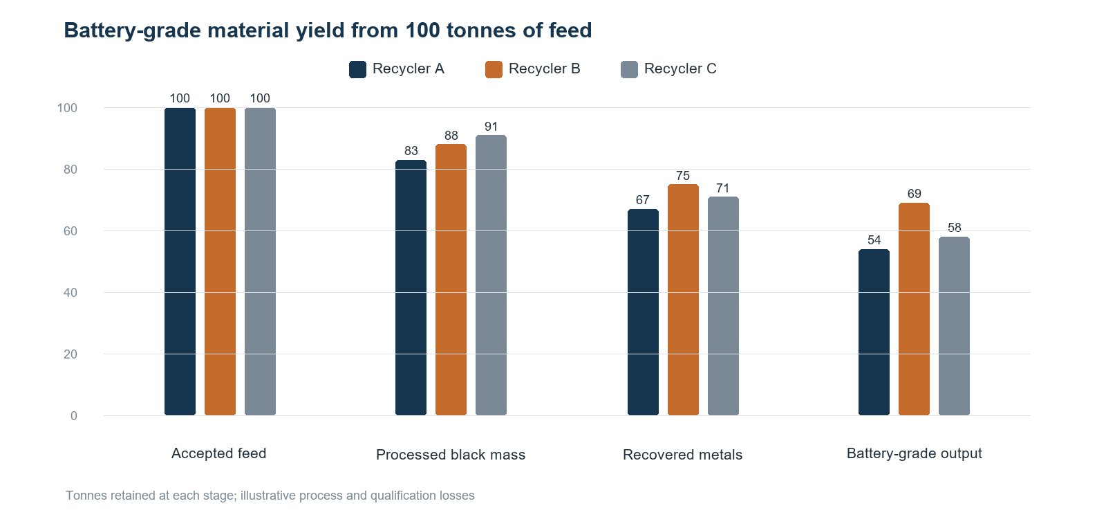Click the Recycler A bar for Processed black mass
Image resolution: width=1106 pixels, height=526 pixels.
(411, 288)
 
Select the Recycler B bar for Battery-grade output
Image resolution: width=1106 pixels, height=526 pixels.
(914, 309)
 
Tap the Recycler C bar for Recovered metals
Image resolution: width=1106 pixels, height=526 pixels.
(723, 306)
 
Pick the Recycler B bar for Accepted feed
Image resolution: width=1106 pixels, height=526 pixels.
(221, 262)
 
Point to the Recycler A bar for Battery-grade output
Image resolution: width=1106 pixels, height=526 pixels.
(874, 332)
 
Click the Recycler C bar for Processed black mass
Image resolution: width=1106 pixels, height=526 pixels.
(491, 275)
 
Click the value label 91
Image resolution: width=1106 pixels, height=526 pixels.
(491, 127)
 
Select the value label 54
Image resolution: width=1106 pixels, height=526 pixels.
(874, 240)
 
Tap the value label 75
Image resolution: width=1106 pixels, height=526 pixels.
(683, 176)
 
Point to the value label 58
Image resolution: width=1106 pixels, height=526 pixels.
(955, 228)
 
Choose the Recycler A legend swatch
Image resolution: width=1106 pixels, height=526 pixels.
(357, 69)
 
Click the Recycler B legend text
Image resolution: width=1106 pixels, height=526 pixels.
(544, 69)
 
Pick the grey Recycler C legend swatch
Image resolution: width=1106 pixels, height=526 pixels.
(629, 69)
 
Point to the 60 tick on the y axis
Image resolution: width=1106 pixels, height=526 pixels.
(70, 231)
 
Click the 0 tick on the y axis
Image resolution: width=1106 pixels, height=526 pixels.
(73, 416)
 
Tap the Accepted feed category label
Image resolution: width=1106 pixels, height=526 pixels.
(218, 453)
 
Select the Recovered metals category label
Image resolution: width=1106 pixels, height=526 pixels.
(682, 455)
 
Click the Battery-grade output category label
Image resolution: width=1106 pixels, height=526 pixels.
(914, 454)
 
